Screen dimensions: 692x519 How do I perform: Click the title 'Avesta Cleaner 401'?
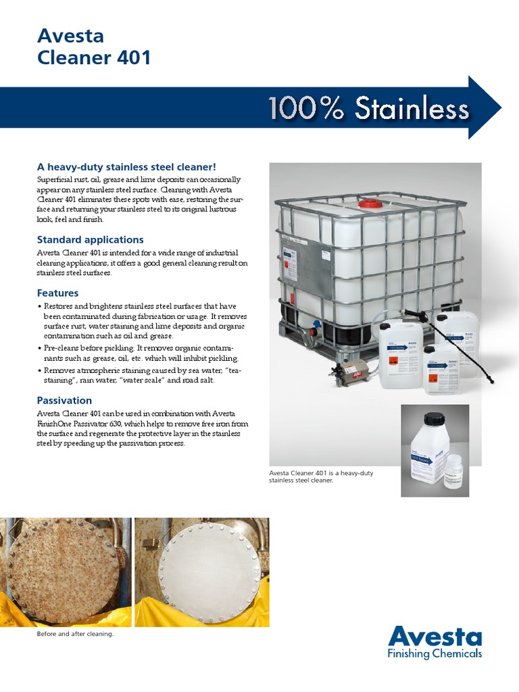pos(94,47)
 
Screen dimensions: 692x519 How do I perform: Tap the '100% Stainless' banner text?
pos(368,109)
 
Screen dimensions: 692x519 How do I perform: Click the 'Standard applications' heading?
pos(90,239)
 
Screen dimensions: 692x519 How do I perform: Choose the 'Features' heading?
pos(57,293)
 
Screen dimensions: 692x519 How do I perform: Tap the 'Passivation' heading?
pos(64,400)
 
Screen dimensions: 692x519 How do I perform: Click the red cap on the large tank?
pos(370,203)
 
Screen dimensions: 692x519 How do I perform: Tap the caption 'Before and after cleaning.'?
pos(74,634)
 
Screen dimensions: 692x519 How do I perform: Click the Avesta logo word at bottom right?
pos(435,637)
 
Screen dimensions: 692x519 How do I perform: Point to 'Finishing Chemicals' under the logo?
pos(435,654)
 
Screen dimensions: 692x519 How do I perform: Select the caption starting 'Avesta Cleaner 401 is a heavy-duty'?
pos(321,477)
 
